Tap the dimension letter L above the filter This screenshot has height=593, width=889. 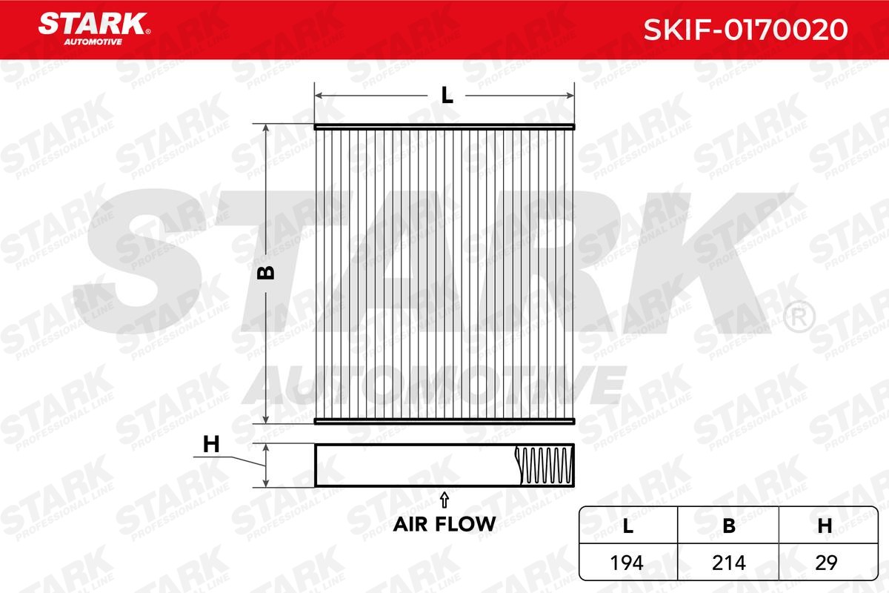[446, 95]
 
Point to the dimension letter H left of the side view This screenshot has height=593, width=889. [212, 445]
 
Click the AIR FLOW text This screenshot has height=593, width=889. [444, 523]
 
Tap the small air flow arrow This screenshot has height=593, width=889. [444, 497]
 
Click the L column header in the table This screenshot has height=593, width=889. [628, 526]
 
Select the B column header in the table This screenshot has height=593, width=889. [729, 526]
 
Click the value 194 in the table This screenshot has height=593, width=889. [628, 563]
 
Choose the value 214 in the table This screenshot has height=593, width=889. [729, 563]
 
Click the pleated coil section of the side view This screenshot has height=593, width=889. [545, 466]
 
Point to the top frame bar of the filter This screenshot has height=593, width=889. [444, 127]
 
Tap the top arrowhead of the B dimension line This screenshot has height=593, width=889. [267, 128]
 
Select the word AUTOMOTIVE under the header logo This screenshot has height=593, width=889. [91, 42]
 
